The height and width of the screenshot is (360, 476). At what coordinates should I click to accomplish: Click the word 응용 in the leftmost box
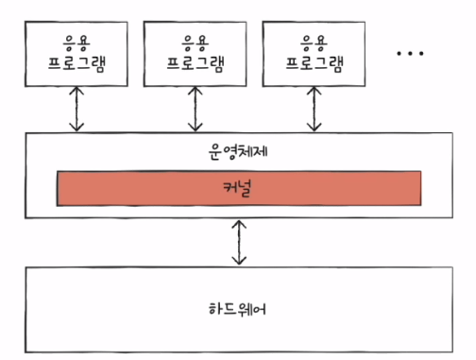(x=76, y=43)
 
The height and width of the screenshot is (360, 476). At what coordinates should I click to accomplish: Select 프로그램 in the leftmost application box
(x=76, y=64)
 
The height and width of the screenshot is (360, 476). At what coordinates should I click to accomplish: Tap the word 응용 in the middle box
(x=195, y=43)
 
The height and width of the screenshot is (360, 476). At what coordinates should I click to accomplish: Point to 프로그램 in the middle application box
(x=195, y=64)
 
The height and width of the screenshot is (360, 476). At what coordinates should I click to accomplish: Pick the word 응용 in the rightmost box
(x=314, y=43)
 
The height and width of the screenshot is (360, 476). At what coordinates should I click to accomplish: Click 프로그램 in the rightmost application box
(x=314, y=64)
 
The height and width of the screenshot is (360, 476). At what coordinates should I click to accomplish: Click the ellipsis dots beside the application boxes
(x=410, y=54)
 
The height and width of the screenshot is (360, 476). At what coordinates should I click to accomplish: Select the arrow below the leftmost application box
(x=76, y=109)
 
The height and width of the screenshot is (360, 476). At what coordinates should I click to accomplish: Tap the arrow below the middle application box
(x=195, y=109)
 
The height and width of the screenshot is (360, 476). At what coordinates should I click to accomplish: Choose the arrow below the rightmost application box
(x=314, y=109)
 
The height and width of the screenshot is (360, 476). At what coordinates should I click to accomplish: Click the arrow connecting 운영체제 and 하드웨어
(x=239, y=242)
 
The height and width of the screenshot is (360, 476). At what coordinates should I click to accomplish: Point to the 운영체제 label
(x=238, y=152)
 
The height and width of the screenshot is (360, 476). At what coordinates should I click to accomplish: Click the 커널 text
(x=237, y=188)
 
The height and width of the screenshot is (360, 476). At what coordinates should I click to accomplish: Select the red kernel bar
(x=239, y=188)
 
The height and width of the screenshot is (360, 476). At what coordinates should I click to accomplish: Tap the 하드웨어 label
(x=237, y=309)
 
